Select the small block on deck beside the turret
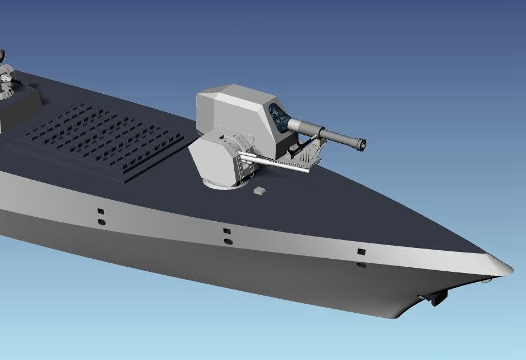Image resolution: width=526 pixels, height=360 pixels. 259,191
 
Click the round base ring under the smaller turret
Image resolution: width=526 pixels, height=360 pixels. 225,184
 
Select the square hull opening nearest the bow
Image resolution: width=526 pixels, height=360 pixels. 361,251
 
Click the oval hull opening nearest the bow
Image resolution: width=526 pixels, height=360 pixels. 361,265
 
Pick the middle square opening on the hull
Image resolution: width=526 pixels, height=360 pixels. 226,231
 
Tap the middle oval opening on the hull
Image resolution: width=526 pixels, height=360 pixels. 228,242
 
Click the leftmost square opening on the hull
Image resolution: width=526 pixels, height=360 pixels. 101,210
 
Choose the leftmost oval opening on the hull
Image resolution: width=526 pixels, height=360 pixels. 101,221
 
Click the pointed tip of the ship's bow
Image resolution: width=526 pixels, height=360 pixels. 510,269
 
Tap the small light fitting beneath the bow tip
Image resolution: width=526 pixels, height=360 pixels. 484,280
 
